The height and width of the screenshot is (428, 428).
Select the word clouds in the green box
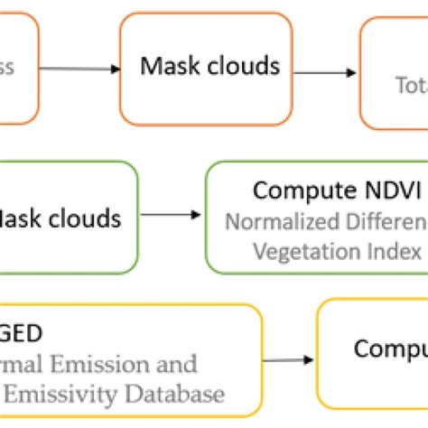pyautogui.click(x=87, y=219)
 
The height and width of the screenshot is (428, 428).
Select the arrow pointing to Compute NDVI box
pyautogui.click(x=172, y=214)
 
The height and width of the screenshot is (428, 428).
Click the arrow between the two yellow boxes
pyautogui.click(x=289, y=360)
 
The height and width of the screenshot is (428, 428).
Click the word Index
pyautogui.click(x=392, y=250)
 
